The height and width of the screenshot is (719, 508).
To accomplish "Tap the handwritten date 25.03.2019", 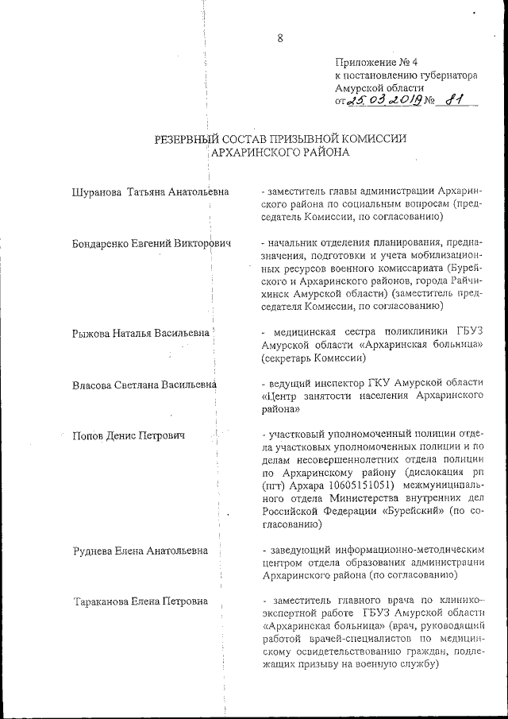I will (383, 101).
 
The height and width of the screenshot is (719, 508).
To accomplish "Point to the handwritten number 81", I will (456, 100).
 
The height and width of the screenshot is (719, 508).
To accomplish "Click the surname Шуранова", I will (96, 191).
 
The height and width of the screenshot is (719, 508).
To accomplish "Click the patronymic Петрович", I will (163, 435).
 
